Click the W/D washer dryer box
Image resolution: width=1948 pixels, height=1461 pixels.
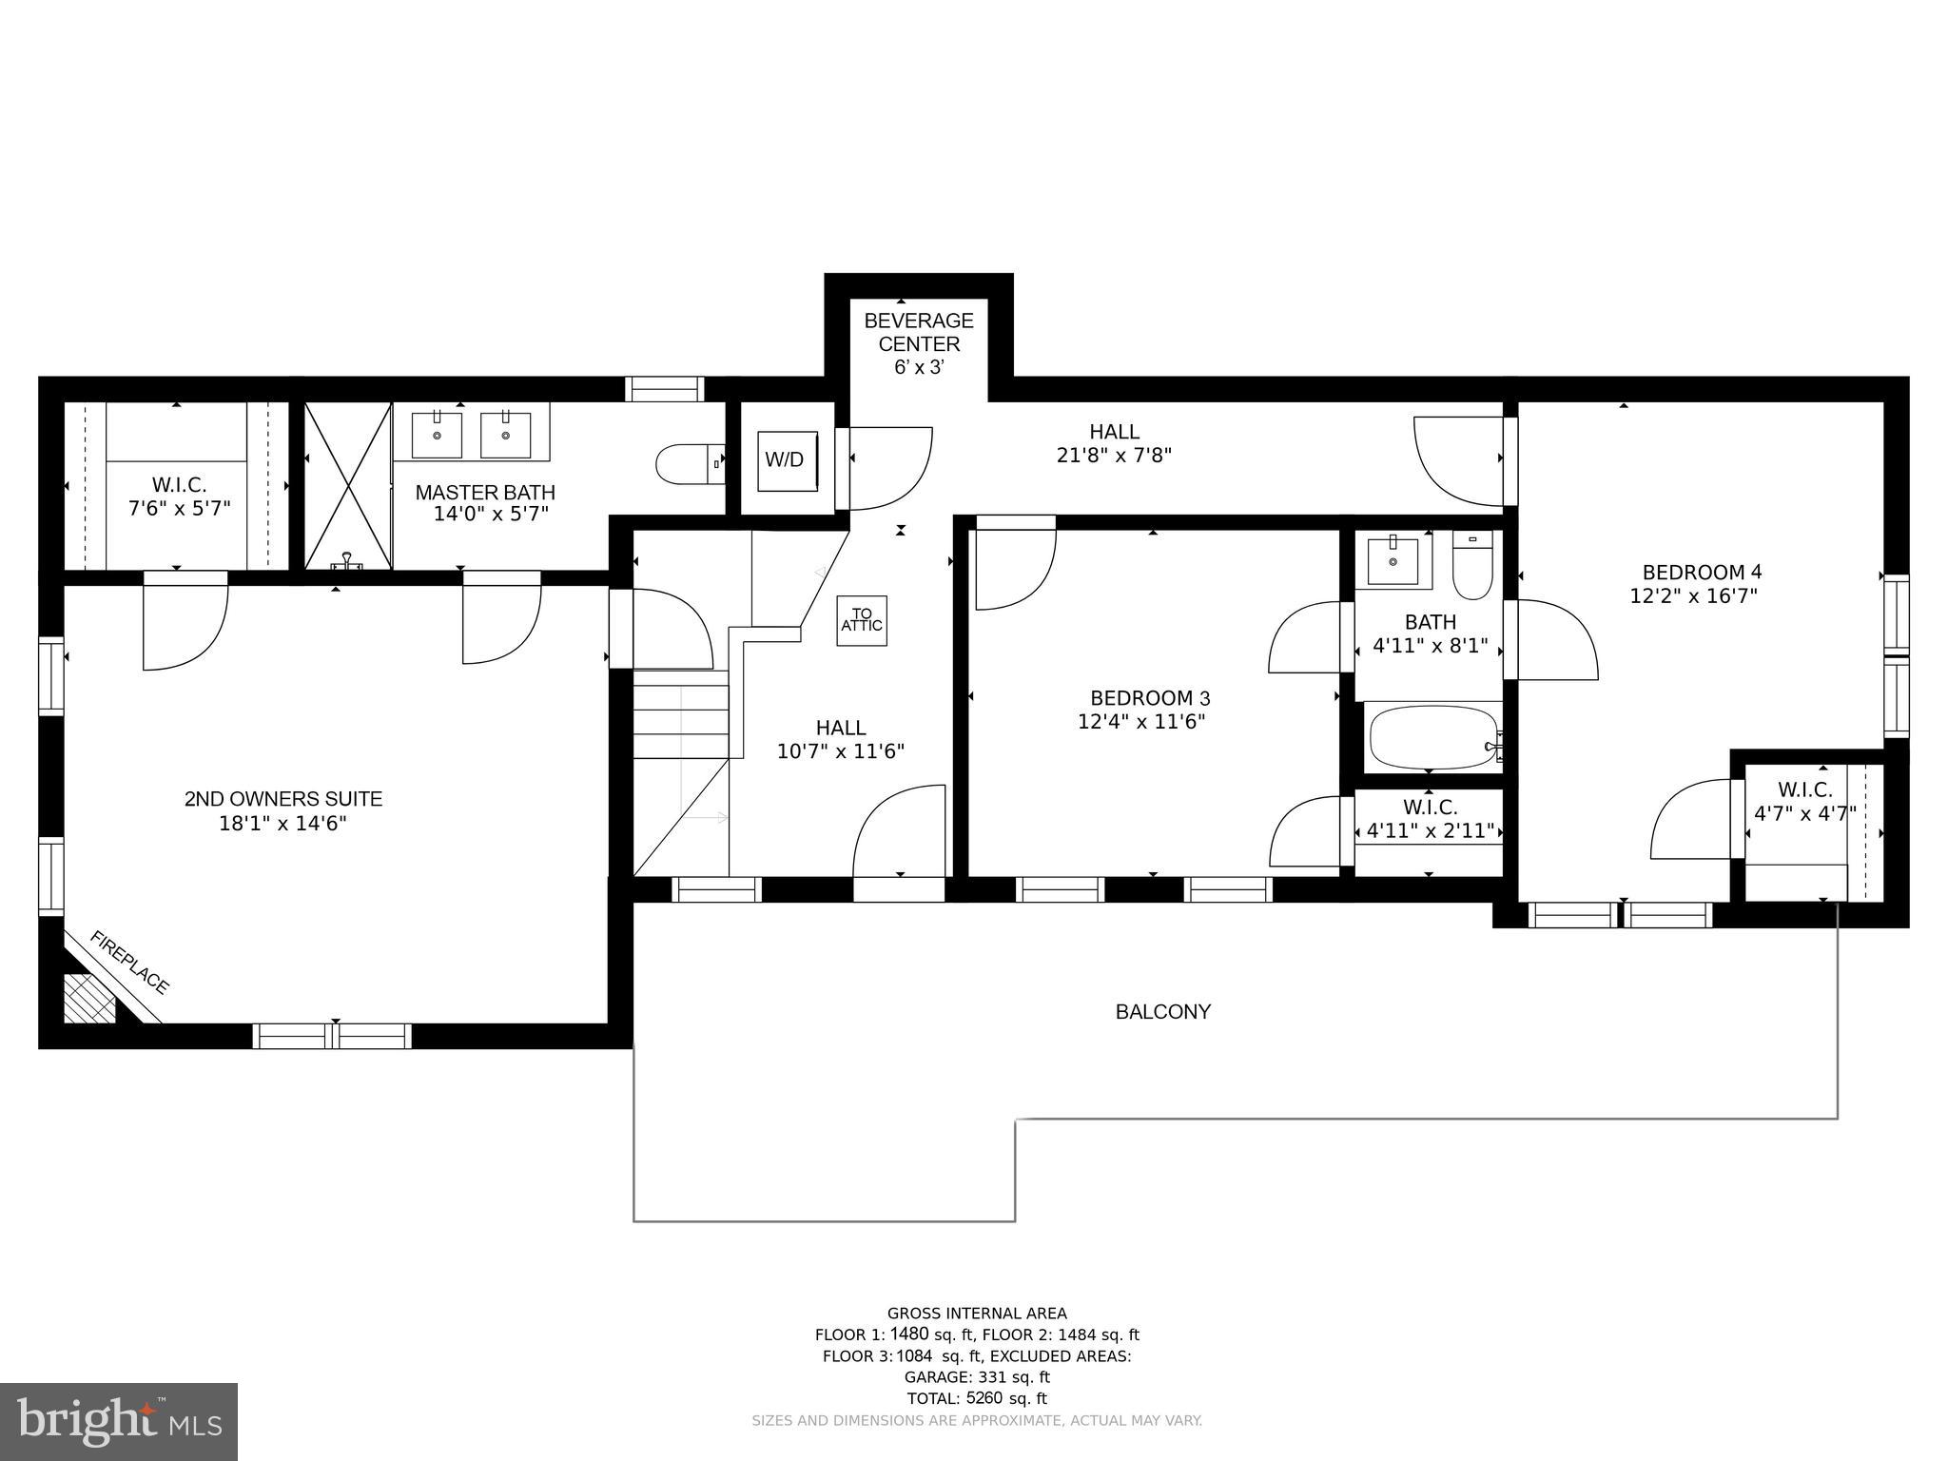click(787, 461)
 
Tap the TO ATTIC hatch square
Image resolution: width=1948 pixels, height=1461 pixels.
click(862, 620)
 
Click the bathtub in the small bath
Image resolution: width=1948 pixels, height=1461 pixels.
click(1434, 737)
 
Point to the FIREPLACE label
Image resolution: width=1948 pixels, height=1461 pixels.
click(129, 963)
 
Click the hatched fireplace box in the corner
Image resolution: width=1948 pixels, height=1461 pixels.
click(89, 998)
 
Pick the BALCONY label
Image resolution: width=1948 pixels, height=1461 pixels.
click(1162, 1012)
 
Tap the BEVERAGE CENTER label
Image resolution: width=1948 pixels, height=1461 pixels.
click(919, 332)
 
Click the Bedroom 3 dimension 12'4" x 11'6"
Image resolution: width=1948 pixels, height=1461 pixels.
click(1141, 722)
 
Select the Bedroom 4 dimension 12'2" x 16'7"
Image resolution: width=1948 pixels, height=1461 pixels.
click(1693, 596)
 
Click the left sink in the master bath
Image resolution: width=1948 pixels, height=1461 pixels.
click(437, 435)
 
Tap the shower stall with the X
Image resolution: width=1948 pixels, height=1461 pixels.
click(348, 486)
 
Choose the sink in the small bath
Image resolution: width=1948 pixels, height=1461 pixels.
click(1393, 560)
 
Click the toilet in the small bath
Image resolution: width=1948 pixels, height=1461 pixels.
click(1472, 566)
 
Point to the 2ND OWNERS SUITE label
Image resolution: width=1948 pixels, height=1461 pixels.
click(283, 799)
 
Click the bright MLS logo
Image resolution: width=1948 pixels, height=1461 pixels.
click(119, 1422)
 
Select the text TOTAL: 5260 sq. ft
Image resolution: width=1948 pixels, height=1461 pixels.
click(977, 1399)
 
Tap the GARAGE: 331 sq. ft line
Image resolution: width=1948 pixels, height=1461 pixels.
click(977, 1377)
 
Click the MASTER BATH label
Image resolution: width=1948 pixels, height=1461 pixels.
click(485, 493)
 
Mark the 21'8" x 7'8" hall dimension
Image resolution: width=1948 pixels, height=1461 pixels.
click(1114, 456)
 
